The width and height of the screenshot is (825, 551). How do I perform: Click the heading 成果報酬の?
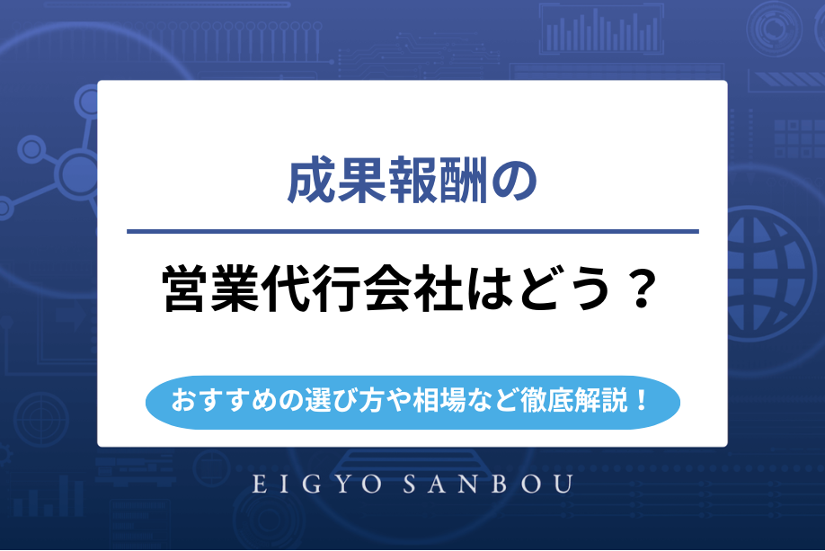(x=412, y=182)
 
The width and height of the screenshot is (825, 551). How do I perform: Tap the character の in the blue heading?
(x=516, y=182)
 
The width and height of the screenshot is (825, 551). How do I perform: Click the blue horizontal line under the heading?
(x=412, y=232)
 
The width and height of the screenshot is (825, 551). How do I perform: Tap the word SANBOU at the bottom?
(x=496, y=484)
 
